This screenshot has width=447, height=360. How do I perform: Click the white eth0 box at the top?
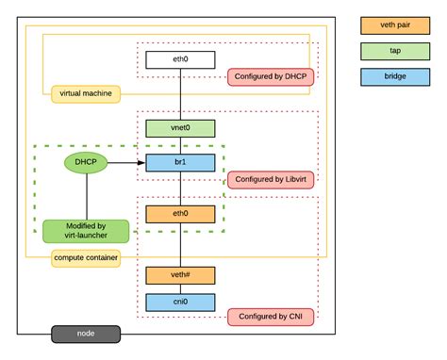180,60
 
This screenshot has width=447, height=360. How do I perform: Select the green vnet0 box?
180,127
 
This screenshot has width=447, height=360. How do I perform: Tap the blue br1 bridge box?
180,163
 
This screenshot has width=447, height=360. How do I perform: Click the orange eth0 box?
180,215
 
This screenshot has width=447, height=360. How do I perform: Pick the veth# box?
180,275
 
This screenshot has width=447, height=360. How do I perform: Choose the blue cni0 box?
180,303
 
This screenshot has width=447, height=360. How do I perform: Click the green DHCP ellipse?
86,163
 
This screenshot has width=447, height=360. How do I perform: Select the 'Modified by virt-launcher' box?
86,231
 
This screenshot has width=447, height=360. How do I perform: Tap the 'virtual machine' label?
86,93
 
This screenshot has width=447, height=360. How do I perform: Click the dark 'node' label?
86,334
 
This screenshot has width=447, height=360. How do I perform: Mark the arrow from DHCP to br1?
126,163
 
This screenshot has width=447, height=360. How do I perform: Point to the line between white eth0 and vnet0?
180,94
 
